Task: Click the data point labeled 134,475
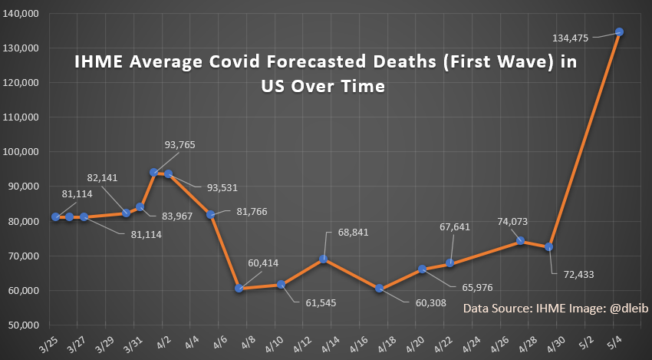coord(619,31)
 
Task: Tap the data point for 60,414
coord(239,289)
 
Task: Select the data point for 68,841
coord(324,259)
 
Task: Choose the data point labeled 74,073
coord(520,240)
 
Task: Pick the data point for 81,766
coord(210,214)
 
